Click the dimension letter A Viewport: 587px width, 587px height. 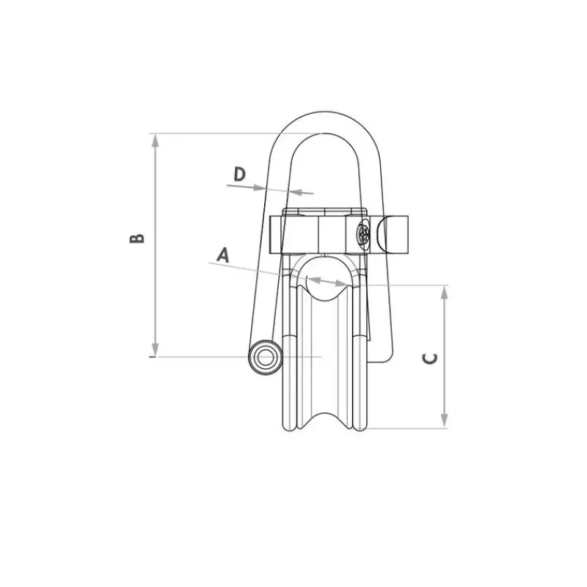(x=223, y=255)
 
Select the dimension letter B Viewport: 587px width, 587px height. (x=136, y=238)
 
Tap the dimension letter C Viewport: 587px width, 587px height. (x=430, y=358)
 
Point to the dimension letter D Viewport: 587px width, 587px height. (x=240, y=174)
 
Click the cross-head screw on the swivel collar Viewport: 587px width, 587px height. (x=363, y=235)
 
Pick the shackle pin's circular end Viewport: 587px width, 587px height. (x=266, y=358)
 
